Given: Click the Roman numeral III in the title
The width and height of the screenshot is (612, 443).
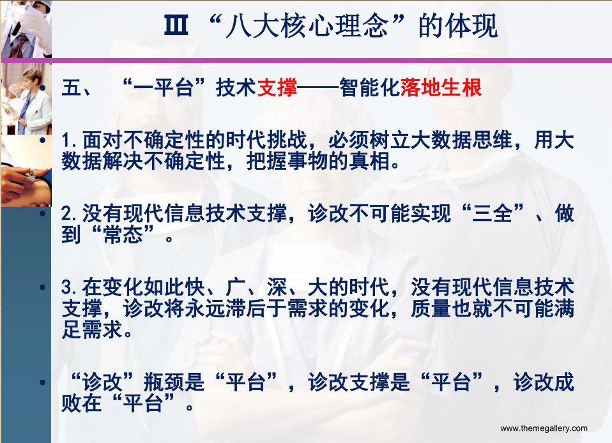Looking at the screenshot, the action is [x=176, y=26].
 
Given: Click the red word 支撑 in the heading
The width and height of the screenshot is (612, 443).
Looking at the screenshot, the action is [x=277, y=87].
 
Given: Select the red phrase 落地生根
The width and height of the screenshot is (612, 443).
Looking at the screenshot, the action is [x=441, y=87].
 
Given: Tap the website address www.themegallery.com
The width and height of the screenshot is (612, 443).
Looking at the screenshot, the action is [x=544, y=428].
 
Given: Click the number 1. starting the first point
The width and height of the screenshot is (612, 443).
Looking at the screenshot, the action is [x=69, y=141].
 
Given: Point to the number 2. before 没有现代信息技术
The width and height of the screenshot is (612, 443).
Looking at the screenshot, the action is [x=69, y=214].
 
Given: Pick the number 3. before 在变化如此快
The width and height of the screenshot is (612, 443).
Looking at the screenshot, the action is [x=69, y=287].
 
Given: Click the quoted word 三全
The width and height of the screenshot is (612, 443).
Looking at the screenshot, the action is [x=492, y=213].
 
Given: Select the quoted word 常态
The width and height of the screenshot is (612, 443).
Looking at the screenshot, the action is [x=123, y=235].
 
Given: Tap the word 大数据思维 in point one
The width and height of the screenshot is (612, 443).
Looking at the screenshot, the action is [x=462, y=140].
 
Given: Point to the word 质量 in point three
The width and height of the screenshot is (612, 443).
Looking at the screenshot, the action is [x=431, y=308].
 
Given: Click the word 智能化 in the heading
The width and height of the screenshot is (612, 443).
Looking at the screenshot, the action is [x=370, y=87].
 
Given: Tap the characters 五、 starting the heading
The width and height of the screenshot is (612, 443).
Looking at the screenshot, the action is [x=77, y=87].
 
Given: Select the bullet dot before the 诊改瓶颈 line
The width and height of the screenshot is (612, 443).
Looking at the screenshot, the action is [x=43, y=382].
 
